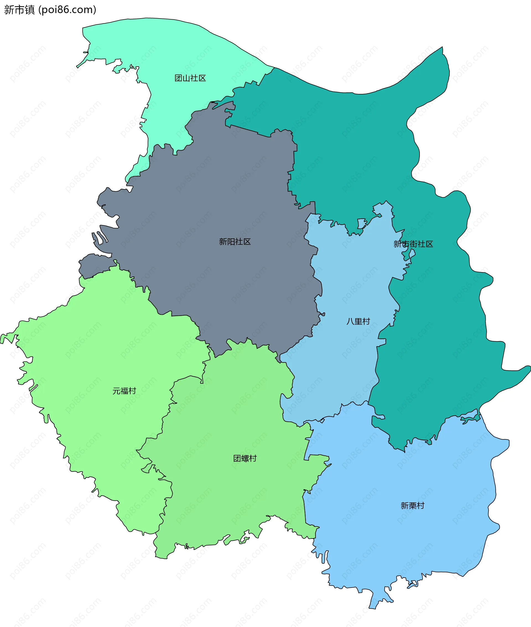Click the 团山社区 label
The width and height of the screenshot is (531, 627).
pyautogui.click(x=190, y=78)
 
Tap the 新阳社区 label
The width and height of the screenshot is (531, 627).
pyautogui.click(x=235, y=242)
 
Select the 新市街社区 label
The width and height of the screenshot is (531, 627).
pyautogui.click(x=413, y=244)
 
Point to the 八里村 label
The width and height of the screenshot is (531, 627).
pyautogui.click(x=358, y=322)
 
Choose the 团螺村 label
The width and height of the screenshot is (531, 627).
pyautogui.click(x=245, y=459)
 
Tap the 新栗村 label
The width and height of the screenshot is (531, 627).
pyautogui.click(x=412, y=506)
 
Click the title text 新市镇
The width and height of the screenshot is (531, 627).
pyautogui.click(x=20, y=10)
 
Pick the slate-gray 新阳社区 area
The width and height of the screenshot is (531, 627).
pyautogui.click(x=211, y=195)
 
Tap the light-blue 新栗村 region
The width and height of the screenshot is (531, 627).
pyautogui.click(x=391, y=541)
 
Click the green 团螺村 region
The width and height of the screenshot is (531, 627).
pyautogui.click(x=235, y=496)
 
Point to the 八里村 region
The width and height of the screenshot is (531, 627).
pyautogui.click(x=346, y=286)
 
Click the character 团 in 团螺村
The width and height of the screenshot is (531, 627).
pyautogui.click(x=237, y=459)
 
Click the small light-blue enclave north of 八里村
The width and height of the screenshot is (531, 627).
pyautogui.click(x=361, y=223)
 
